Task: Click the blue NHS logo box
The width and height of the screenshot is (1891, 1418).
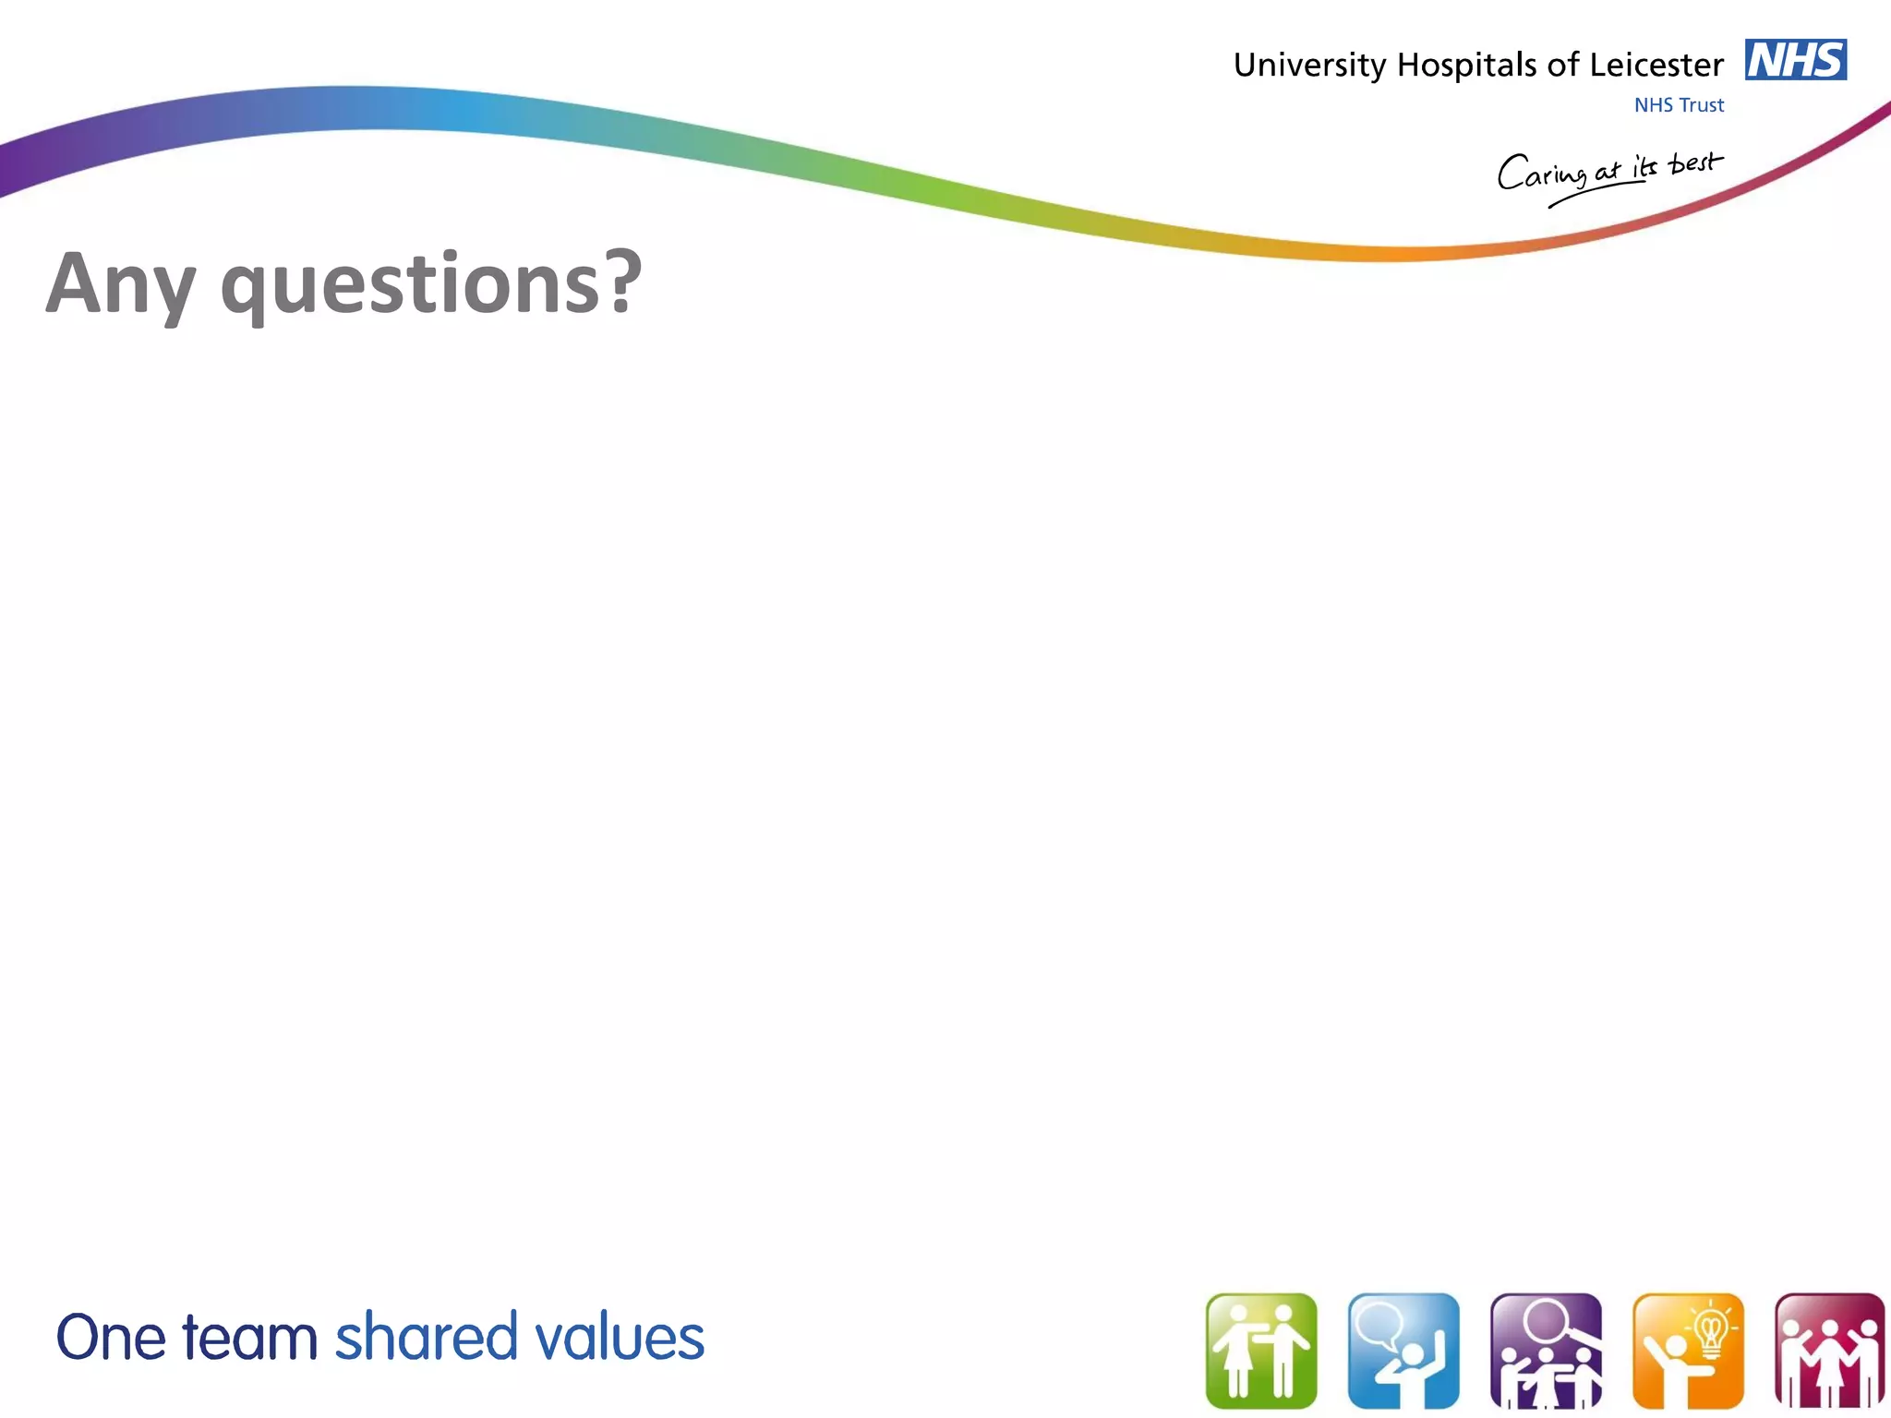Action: click(1795, 60)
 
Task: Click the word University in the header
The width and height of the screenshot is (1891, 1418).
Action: click(1309, 66)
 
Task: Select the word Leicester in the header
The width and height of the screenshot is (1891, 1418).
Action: click(1656, 66)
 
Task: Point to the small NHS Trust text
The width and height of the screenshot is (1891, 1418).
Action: click(1679, 105)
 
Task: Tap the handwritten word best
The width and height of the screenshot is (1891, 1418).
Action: click(1695, 164)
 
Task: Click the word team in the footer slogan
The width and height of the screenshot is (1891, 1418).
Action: click(249, 1338)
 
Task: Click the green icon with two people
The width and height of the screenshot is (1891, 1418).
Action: click(1261, 1351)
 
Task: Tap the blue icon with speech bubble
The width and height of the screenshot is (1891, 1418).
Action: click(1403, 1351)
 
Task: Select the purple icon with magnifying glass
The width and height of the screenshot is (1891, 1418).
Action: click(1546, 1351)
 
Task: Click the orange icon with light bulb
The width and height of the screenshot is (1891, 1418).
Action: click(1688, 1351)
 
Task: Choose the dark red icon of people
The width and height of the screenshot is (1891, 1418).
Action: click(1829, 1351)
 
